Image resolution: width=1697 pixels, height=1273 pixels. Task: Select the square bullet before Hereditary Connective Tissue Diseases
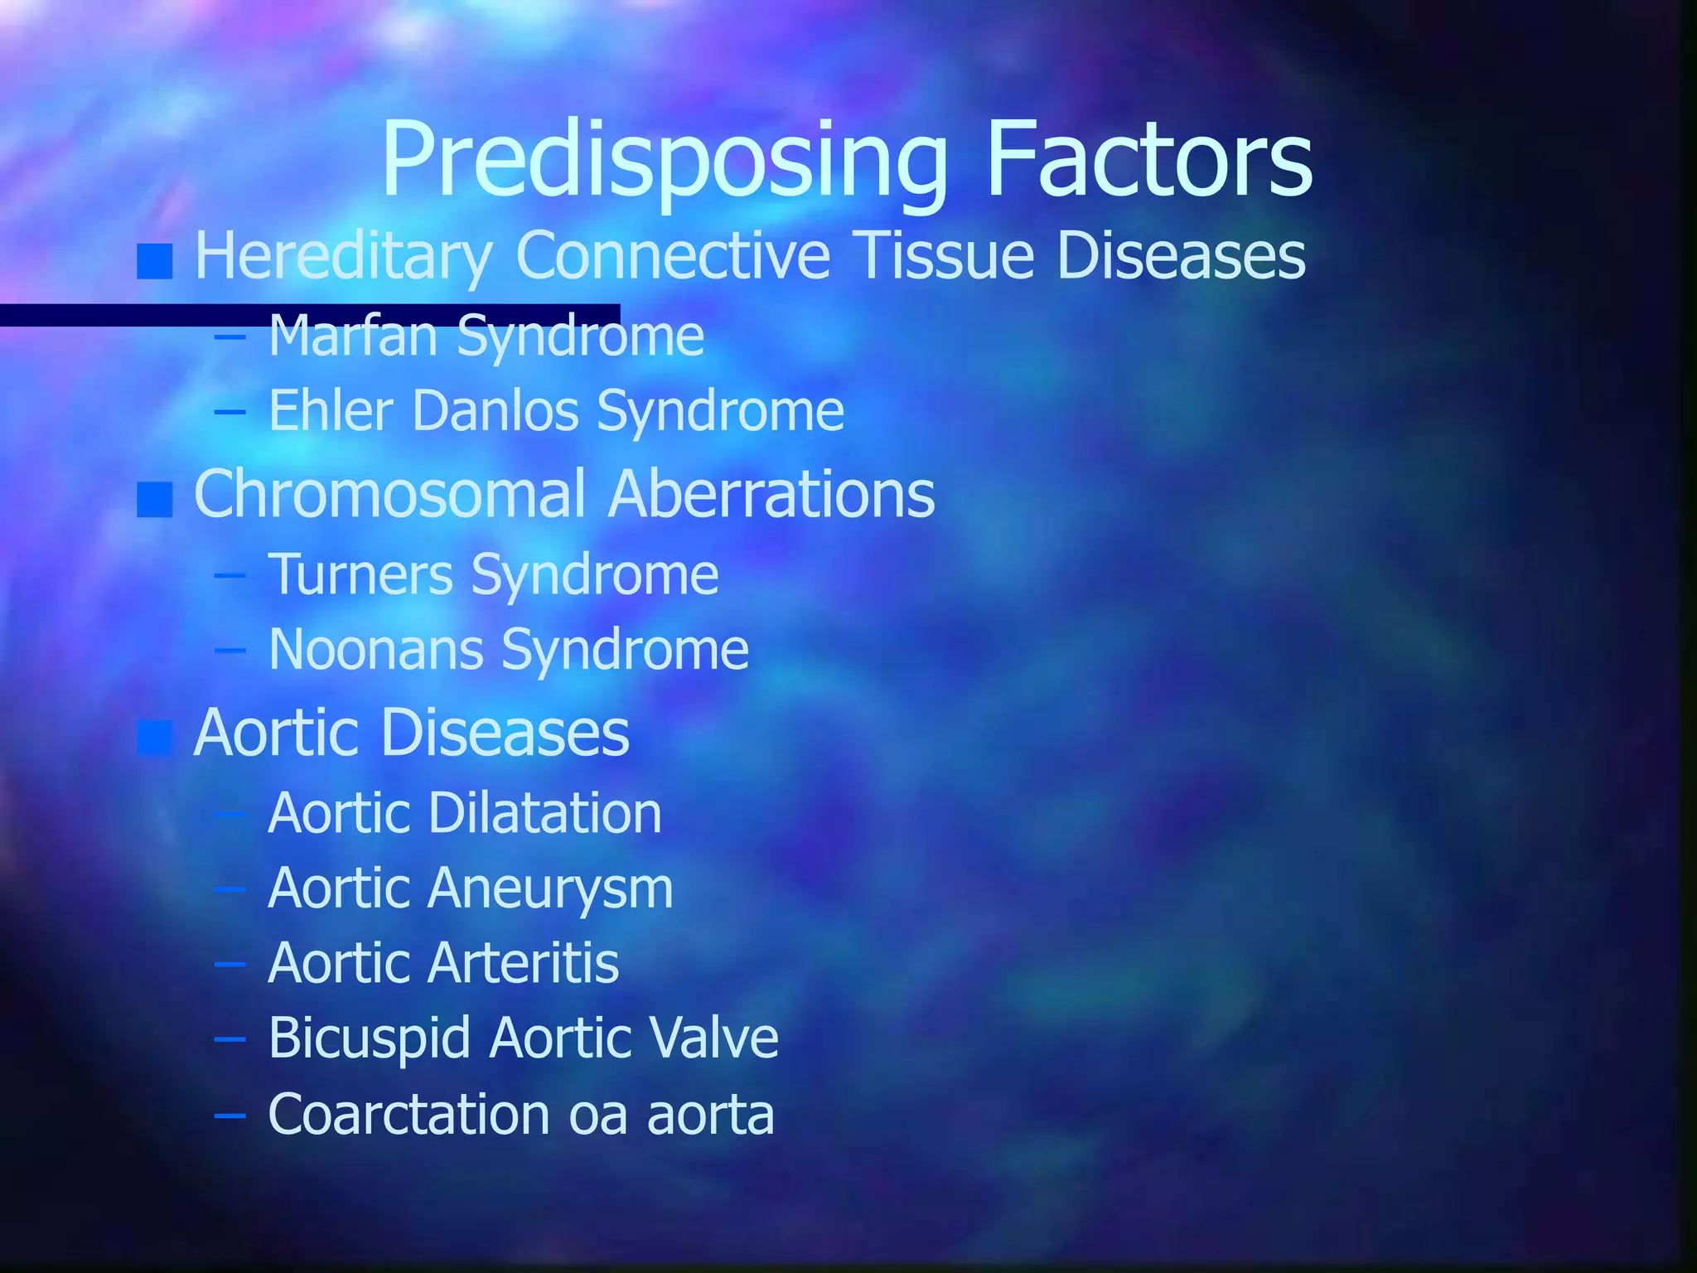[x=155, y=261]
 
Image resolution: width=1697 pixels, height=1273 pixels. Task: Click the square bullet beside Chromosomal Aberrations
[x=155, y=500]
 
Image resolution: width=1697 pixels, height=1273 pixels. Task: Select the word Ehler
[x=331, y=410]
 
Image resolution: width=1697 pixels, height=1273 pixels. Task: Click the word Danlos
[x=496, y=410]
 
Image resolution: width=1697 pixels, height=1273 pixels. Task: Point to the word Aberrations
[x=771, y=494]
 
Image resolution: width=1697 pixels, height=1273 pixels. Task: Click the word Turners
[x=360, y=574]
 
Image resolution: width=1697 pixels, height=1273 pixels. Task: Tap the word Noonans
[x=376, y=649]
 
